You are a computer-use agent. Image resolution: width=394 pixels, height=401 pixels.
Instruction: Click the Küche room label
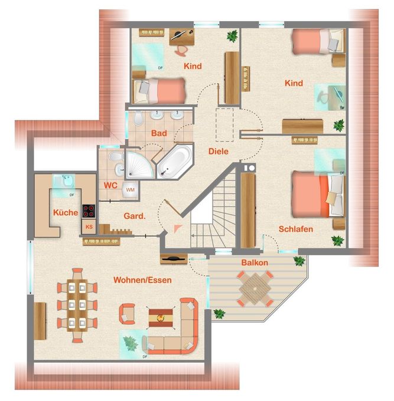[66, 212]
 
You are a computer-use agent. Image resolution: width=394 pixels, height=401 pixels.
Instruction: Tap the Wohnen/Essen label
[143, 280]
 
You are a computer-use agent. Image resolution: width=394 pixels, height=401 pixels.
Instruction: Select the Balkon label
[255, 262]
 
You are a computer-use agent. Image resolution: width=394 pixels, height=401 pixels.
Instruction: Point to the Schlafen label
[296, 229]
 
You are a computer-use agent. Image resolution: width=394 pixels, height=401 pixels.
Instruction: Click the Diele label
[219, 151]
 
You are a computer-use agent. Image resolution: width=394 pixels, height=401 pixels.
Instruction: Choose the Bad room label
[159, 133]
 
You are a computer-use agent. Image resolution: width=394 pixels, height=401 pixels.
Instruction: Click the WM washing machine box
[129, 190]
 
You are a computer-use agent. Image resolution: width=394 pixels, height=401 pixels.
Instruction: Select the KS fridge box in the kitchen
[89, 226]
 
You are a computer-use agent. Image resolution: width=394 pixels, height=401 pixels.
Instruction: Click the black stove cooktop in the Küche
[89, 211]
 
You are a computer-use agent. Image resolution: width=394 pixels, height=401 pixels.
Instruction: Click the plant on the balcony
[299, 259]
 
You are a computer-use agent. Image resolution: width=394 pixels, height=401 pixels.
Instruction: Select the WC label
[110, 185]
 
